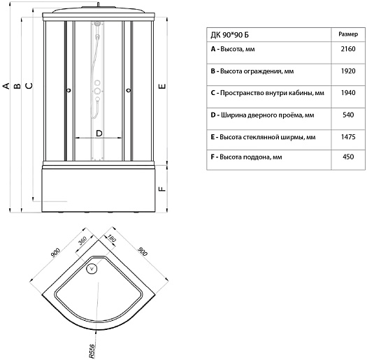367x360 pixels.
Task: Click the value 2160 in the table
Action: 348,49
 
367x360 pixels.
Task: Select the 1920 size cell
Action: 348,71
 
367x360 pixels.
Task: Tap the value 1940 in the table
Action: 348,93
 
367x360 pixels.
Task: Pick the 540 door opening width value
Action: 348,115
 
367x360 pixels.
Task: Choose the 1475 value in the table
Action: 348,137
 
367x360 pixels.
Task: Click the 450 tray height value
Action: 348,157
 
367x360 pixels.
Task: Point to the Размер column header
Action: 348,34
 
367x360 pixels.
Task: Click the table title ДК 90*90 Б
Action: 229,35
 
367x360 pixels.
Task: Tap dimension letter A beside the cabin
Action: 6,86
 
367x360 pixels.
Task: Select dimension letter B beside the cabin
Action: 17,86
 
